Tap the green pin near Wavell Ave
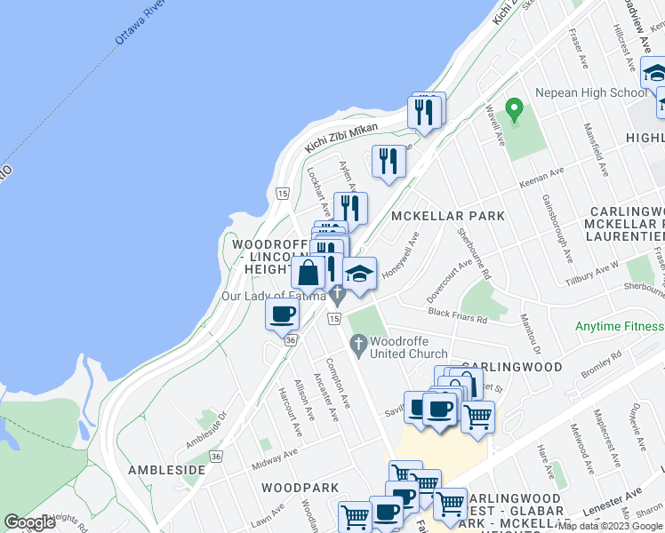click(x=513, y=110)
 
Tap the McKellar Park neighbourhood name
click(x=447, y=216)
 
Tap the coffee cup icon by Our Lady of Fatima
click(x=283, y=314)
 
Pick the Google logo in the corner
click(x=29, y=522)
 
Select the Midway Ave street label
click(x=273, y=459)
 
